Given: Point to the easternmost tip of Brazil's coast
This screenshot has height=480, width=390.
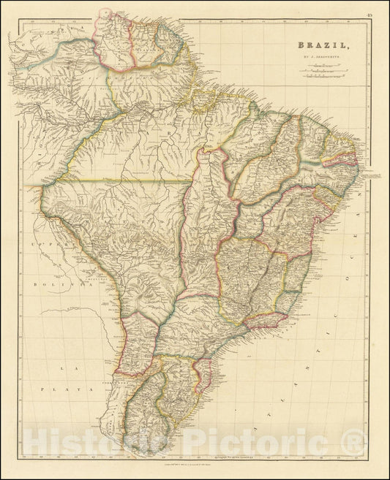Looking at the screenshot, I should pyautogui.click(x=364, y=174).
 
